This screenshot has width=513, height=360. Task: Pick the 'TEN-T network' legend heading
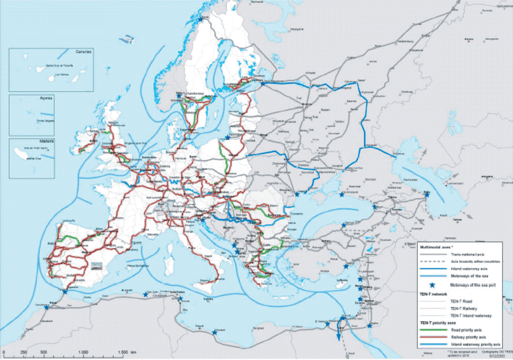tap(433, 292)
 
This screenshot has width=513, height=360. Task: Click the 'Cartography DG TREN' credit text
tap(492, 351)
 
